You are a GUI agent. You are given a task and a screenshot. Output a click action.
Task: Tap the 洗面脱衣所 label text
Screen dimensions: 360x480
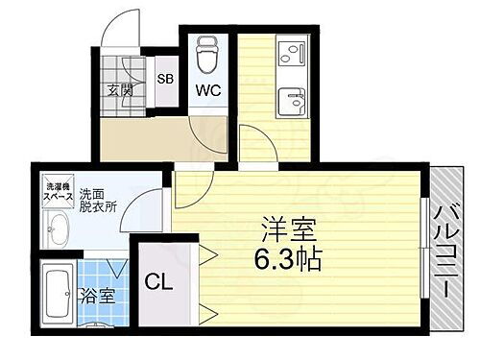pos(99,198)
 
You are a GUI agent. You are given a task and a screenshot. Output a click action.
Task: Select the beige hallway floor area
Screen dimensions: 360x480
pos(144,139)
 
